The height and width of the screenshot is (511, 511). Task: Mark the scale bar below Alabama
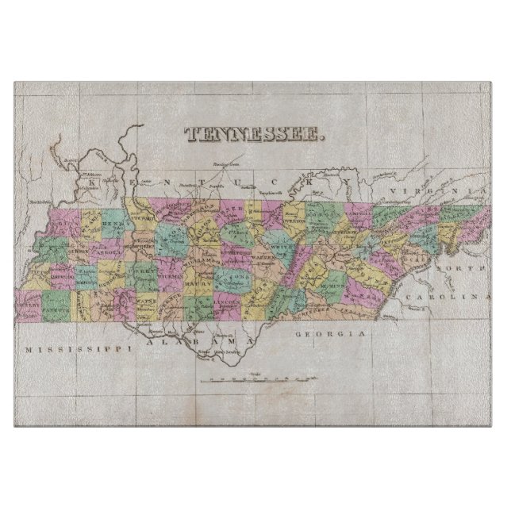[255, 381]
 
